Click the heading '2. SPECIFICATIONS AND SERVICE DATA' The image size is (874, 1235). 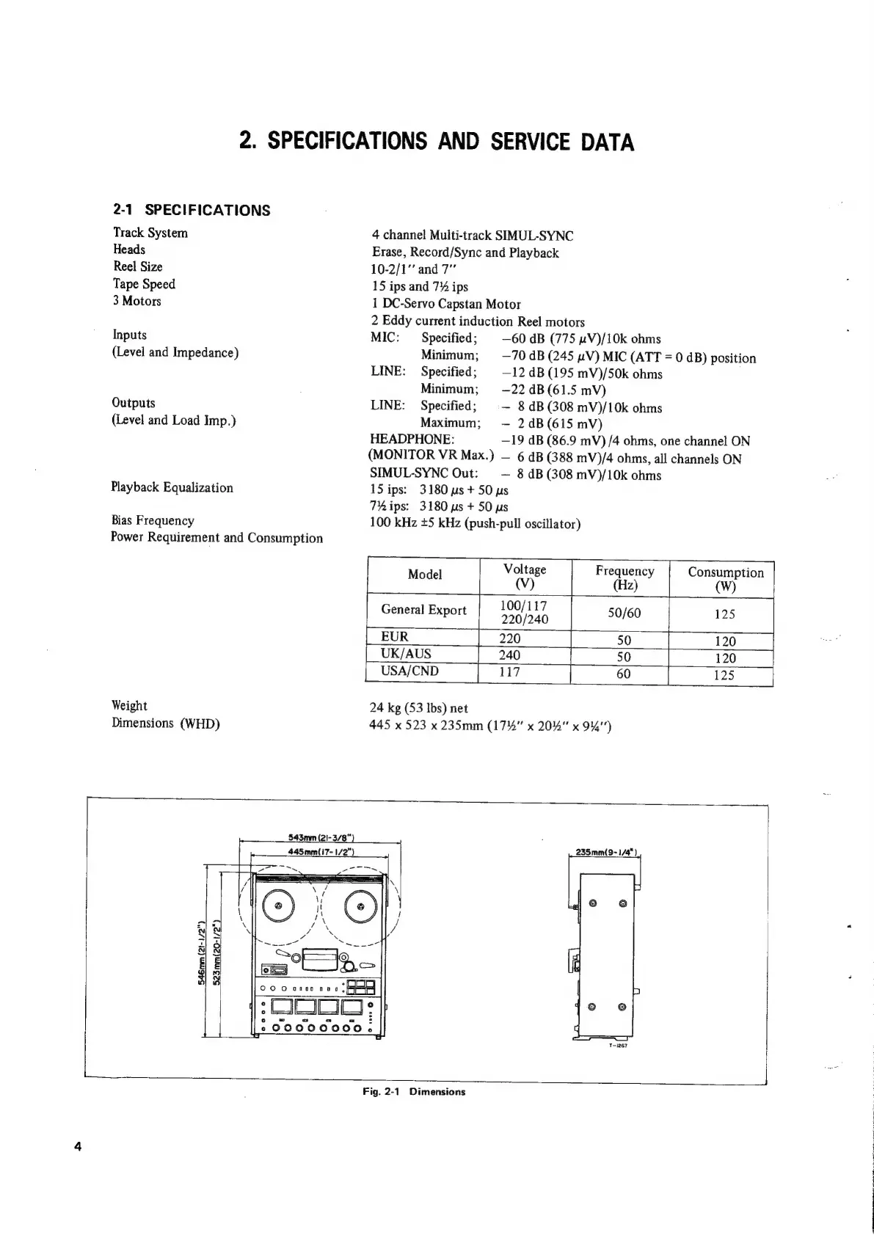click(x=437, y=141)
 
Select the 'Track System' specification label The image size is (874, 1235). click(x=150, y=233)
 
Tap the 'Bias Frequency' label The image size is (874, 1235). click(x=153, y=520)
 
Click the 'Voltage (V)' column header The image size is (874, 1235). click(x=525, y=576)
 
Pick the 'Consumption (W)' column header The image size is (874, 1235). click(x=725, y=579)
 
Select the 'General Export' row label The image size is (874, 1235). click(x=423, y=610)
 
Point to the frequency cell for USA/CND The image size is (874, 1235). click(x=623, y=673)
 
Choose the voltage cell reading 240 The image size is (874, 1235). click(x=509, y=655)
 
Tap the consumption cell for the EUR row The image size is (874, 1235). click(x=724, y=641)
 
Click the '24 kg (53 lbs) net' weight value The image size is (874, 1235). click(x=418, y=707)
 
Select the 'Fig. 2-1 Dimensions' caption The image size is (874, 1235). click(x=414, y=1091)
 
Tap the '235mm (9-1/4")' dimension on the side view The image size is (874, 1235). click(x=606, y=852)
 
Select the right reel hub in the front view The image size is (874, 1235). click(x=360, y=906)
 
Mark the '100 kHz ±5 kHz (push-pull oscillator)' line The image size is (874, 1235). click(x=476, y=523)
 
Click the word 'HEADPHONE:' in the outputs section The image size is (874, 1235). click(x=412, y=440)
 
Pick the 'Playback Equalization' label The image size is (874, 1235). click(x=172, y=487)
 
